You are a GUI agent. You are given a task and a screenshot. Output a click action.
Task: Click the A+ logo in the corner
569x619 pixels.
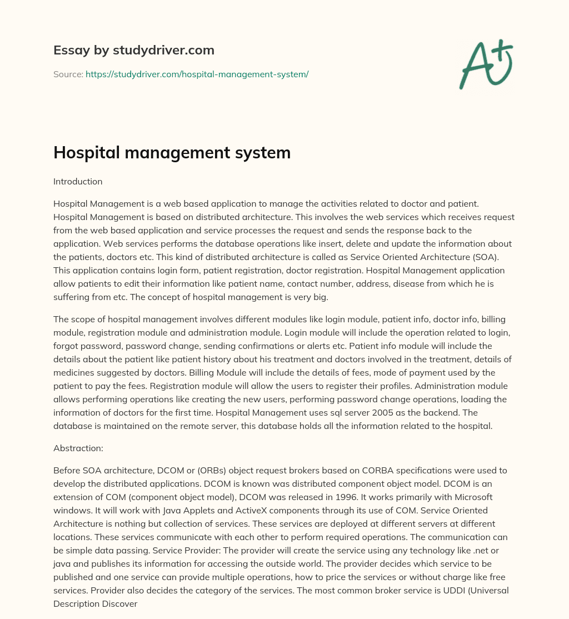point(485,63)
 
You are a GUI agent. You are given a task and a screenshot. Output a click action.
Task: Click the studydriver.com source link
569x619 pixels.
point(197,74)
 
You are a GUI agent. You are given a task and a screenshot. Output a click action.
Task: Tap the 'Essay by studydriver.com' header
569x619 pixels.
point(133,50)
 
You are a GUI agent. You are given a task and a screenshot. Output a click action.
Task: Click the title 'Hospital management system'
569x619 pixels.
point(172,152)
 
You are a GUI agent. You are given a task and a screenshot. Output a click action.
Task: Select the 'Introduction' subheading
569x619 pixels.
point(78,181)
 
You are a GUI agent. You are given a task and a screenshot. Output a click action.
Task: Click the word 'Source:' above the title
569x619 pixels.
point(68,74)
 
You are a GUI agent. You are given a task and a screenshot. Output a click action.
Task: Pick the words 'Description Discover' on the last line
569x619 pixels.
point(95,603)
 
